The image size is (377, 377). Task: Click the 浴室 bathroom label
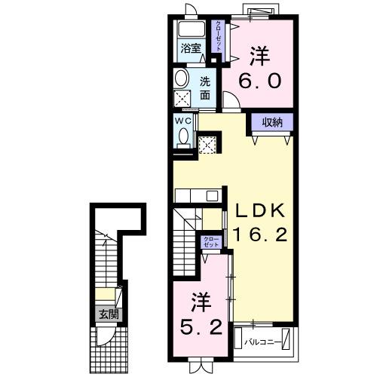pyautogui.click(x=190, y=51)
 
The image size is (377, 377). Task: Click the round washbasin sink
pyautogui.click(x=182, y=78)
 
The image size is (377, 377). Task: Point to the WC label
pyautogui.click(x=184, y=120)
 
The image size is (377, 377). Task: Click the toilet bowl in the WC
pyautogui.click(x=184, y=136)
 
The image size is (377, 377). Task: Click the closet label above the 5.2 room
pyautogui.click(x=210, y=242)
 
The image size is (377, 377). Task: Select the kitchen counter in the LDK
pyautogui.click(x=196, y=195)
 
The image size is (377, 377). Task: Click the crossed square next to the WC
pyautogui.click(x=207, y=143)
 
